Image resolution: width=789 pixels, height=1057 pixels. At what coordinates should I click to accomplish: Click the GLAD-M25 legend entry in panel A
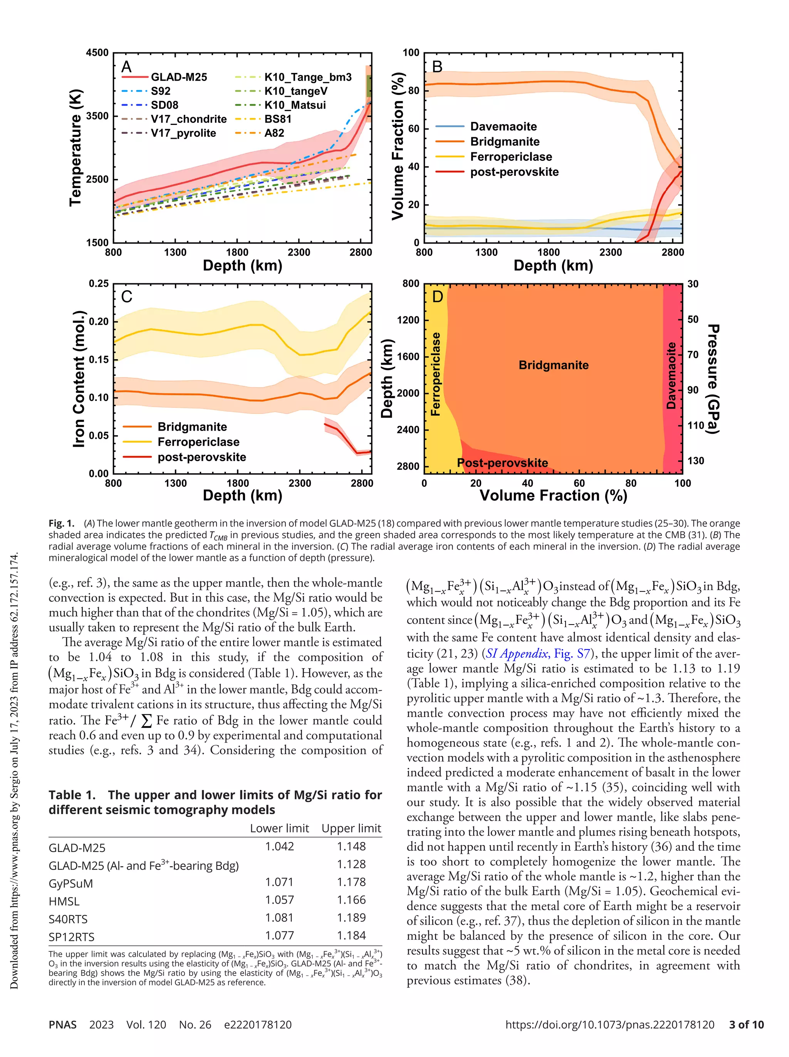tap(179, 77)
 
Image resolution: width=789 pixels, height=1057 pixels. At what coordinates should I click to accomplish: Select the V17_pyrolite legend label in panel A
tap(183, 133)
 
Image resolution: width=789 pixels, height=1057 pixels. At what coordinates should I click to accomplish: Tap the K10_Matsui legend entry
tap(295, 105)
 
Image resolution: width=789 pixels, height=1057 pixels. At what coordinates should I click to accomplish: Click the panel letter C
tap(127, 297)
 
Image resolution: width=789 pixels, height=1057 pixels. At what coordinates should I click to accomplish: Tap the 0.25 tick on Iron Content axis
tap(98, 283)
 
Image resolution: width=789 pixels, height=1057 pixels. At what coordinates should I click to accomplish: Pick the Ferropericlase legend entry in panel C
tap(198, 442)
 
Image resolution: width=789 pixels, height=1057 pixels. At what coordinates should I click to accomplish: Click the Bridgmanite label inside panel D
tap(553, 365)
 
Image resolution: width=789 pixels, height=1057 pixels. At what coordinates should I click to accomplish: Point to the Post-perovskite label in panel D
tap(502, 463)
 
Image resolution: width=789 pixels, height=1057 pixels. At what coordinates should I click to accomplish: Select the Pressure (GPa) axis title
tap(713, 379)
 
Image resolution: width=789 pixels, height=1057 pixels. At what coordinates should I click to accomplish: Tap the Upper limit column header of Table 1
tap(351, 828)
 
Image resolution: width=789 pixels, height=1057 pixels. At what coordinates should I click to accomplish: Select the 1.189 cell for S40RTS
tap(351, 917)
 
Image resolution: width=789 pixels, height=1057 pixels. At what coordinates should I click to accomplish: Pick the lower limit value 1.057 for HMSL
tap(279, 900)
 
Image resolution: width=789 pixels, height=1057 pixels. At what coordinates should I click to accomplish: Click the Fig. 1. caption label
tap(62, 523)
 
